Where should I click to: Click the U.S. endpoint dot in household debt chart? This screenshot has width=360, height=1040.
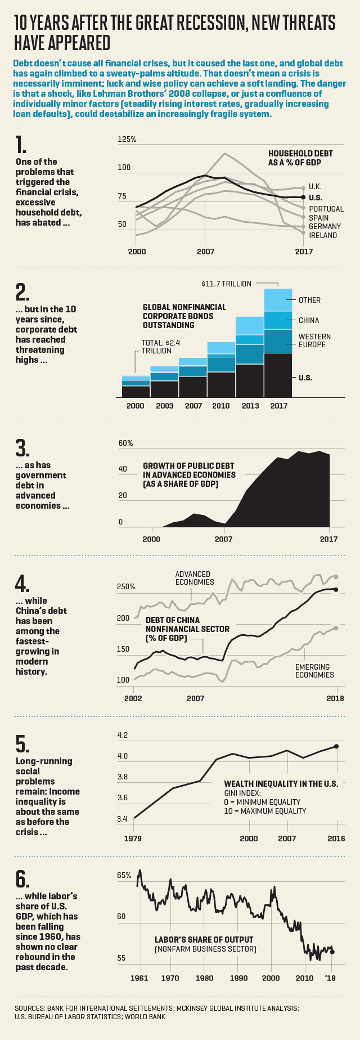click(x=304, y=197)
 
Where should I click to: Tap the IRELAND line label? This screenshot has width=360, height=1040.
click(x=323, y=235)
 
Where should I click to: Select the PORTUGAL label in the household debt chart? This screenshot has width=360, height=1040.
click(x=326, y=209)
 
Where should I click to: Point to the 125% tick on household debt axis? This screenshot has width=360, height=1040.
click(x=127, y=139)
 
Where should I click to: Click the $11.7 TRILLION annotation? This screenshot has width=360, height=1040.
click(x=226, y=284)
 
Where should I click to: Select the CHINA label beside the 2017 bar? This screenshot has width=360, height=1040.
click(x=309, y=320)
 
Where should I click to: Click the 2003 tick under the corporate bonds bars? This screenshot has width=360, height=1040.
click(x=165, y=406)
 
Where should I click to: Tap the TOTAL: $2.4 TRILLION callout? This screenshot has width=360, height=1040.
click(x=156, y=347)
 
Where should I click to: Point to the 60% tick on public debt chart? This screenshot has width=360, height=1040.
click(x=125, y=443)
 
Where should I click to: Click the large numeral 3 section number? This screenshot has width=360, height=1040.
click(x=22, y=448)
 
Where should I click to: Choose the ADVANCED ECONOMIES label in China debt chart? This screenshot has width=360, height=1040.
click(x=193, y=578)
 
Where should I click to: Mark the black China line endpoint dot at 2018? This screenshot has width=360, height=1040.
click(x=336, y=589)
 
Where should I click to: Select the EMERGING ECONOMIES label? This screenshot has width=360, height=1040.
click(x=314, y=671)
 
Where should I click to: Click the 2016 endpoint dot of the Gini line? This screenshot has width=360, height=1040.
click(x=336, y=746)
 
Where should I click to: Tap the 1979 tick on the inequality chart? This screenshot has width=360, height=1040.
click(x=133, y=839)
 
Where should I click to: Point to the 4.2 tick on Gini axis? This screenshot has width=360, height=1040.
click(x=123, y=735)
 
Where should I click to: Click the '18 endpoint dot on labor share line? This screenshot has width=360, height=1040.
click(x=332, y=952)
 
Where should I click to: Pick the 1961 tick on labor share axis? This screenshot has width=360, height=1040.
click(x=139, y=978)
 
